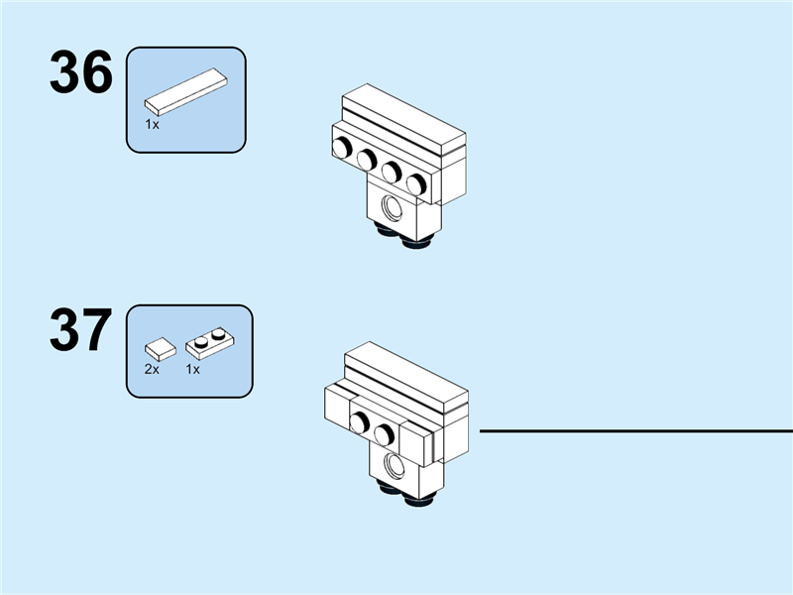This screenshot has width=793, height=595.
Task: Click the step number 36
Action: point(81,74)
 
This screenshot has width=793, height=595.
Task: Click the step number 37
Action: point(81,331)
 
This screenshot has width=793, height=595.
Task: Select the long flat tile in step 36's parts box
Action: point(185,91)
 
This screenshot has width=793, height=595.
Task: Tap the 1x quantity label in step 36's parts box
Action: point(152,125)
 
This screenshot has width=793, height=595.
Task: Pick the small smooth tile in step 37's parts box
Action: point(160,348)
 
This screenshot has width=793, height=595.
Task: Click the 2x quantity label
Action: point(152,369)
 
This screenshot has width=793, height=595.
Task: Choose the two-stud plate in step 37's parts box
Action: point(209,343)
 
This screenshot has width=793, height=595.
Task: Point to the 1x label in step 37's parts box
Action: point(193,369)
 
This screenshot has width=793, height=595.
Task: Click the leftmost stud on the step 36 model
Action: point(342,149)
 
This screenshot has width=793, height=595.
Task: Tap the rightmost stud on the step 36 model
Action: point(416,183)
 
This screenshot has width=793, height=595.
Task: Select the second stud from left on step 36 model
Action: point(367,160)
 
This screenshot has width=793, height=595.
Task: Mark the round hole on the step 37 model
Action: point(396,465)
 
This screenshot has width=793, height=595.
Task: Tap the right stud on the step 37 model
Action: point(385,433)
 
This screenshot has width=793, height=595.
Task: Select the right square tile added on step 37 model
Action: point(418,444)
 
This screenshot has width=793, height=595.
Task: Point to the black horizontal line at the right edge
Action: point(634,431)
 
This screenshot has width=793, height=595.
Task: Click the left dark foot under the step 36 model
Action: point(385,232)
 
